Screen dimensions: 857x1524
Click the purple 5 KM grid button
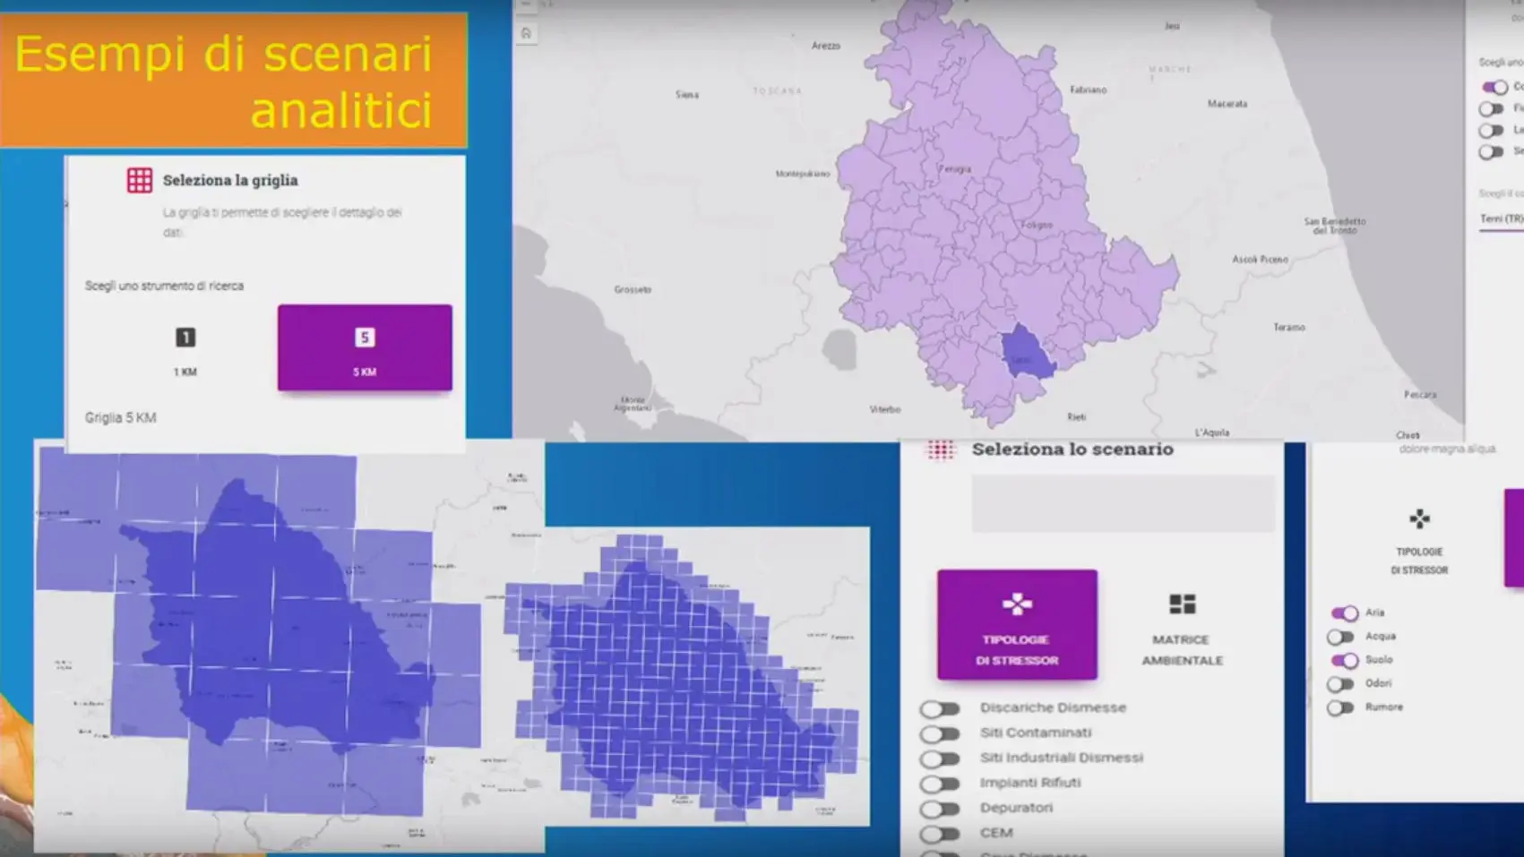click(x=365, y=347)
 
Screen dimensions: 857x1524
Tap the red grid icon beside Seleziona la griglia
click(x=140, y=180)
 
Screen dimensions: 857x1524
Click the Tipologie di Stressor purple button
click(x=1017, y=624)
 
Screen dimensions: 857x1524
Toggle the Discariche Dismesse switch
click(x=940, y=709)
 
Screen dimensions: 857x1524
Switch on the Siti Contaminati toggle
click(x=940, y=734)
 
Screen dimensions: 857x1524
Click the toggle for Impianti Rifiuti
click(x=940, y=784)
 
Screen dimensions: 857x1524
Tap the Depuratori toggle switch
click(x=940, y=810)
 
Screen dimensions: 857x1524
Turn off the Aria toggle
click(x=1344, y=613)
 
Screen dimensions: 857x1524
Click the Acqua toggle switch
click(x=1341, y=637)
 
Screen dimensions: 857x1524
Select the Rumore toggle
click(x=1341, y=708)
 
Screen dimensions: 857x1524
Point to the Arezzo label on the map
click(x=825, y=46)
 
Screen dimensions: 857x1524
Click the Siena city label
click(x=687, y=94)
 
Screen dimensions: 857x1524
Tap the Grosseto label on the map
click(x=633, y=289)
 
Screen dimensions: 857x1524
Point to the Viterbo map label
click(x=885, y=409)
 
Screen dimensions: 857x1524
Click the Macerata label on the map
click(x=1227, y=104)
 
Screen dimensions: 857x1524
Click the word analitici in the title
click(x=341, y=111)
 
